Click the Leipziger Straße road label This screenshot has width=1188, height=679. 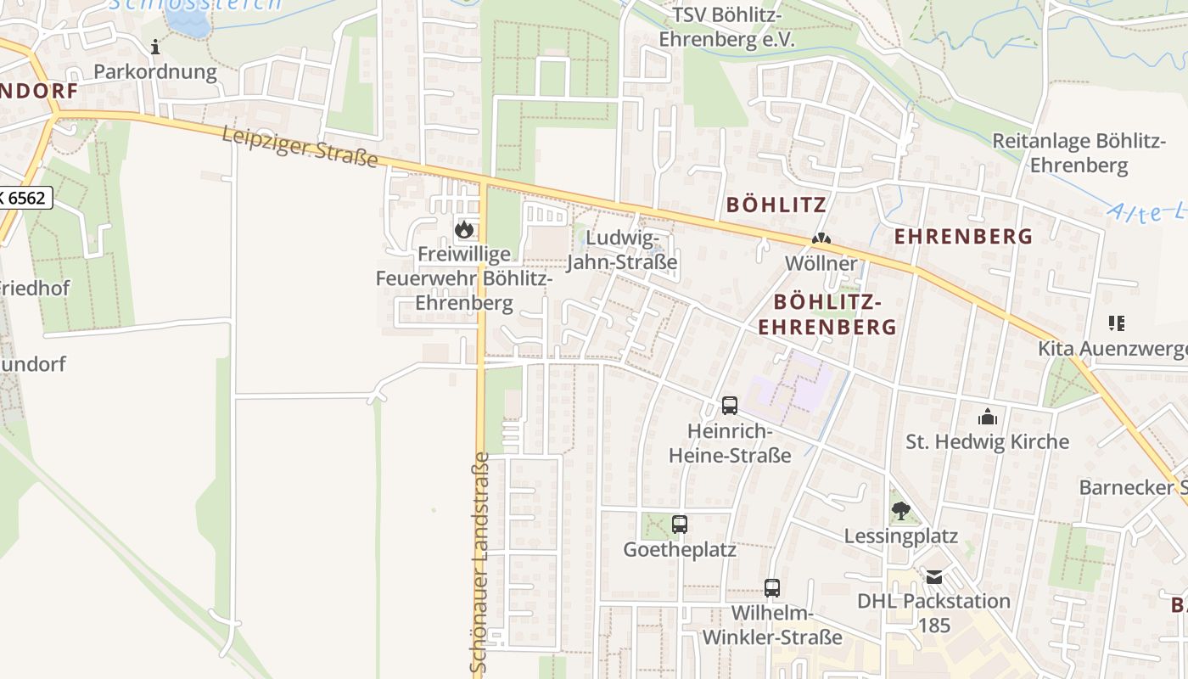click(x=300, y=147)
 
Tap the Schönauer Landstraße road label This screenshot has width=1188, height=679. click(x=479, y=564)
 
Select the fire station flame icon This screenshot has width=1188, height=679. click(x=463, y=228)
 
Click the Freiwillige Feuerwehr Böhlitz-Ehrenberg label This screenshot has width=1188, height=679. click(x=464, y=278)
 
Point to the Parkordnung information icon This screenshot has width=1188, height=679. click(x=155, y=47)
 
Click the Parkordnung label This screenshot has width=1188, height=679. click(x=155, y=71)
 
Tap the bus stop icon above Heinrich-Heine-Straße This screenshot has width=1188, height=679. click(x=730, y=406)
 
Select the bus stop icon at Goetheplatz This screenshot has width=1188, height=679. click(x=680, y=525)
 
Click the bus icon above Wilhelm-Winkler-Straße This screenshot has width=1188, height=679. click(x=772, y=587)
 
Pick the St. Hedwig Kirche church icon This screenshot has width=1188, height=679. click(x=988, y=417)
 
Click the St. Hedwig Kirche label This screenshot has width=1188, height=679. click(x=988, y=441)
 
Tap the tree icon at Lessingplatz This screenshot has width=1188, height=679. click(x=900, y=511)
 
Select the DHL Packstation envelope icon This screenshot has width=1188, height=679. click(x=934, y=577)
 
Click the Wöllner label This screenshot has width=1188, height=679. click(x=821, y=263)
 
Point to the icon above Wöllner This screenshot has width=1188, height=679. click(x=821, y=240)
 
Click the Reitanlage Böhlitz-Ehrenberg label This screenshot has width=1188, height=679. click(x=1079, y=153)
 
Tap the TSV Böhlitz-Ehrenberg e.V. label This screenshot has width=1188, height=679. click(x=726, y=27)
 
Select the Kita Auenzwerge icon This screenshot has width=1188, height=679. click(x=1116, y=323)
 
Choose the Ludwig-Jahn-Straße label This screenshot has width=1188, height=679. click(x=621, y=250)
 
